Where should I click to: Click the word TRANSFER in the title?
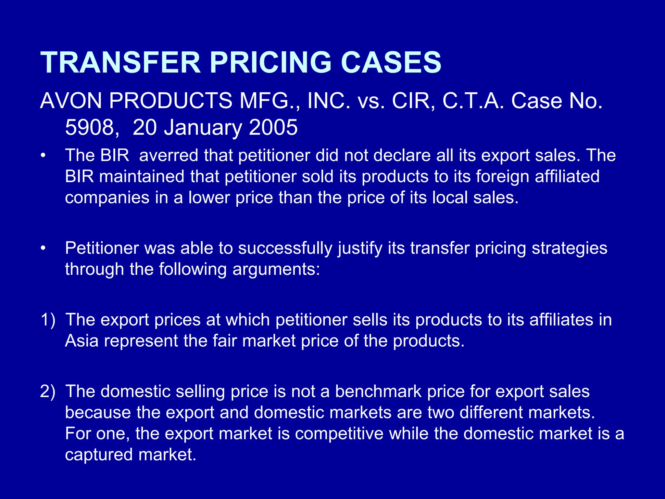pyautogui.click(x=120, y=62)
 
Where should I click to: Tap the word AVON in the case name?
pyautogui.click(x=71, y=101)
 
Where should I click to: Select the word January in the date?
pyautogui.click(x=203, y=127)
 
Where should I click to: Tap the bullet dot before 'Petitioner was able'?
pyautogui.click(x=43, y=249)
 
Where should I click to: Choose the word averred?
pyautogui.click(x=169, y=155)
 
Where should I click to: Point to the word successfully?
pyautogui.click(x=285, y=249)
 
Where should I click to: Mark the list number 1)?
pyautogui.click(x=48, y=320)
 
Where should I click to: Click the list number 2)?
pyautogui.click(x=48, y=391)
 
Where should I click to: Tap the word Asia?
pyautogui.click(x=82, y=341)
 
